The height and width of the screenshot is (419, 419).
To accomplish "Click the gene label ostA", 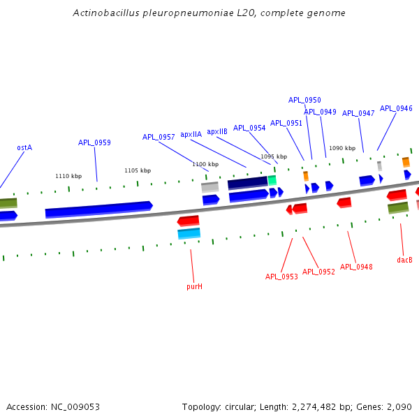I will tap(24, 148).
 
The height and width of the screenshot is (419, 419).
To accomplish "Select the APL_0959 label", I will tap(94, 142).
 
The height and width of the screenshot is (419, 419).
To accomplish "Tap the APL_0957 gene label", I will tap(159, 137).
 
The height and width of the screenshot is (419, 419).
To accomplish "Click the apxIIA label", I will tap(191, 134).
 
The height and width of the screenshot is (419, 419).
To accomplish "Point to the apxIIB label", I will tap(217, 131).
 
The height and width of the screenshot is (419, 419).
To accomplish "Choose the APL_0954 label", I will tap(249, 128).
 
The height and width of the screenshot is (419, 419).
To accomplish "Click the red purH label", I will tap(194, 286).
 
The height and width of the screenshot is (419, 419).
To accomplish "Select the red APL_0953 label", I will tap(281, 277).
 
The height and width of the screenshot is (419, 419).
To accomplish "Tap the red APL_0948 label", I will tap(356, 267).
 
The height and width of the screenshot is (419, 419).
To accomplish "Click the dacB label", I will tap(404, 260).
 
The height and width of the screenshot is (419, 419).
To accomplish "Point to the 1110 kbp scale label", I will tap(68, 176).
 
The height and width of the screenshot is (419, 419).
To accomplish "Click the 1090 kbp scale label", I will tap(342, 148).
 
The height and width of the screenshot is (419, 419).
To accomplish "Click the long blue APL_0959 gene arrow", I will tap(98, 209).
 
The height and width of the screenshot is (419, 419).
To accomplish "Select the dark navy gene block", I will tap(247, 183).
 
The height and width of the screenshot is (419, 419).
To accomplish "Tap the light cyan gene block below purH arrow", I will tap(189, 233).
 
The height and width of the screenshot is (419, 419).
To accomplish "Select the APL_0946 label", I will tap(396, 108).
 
